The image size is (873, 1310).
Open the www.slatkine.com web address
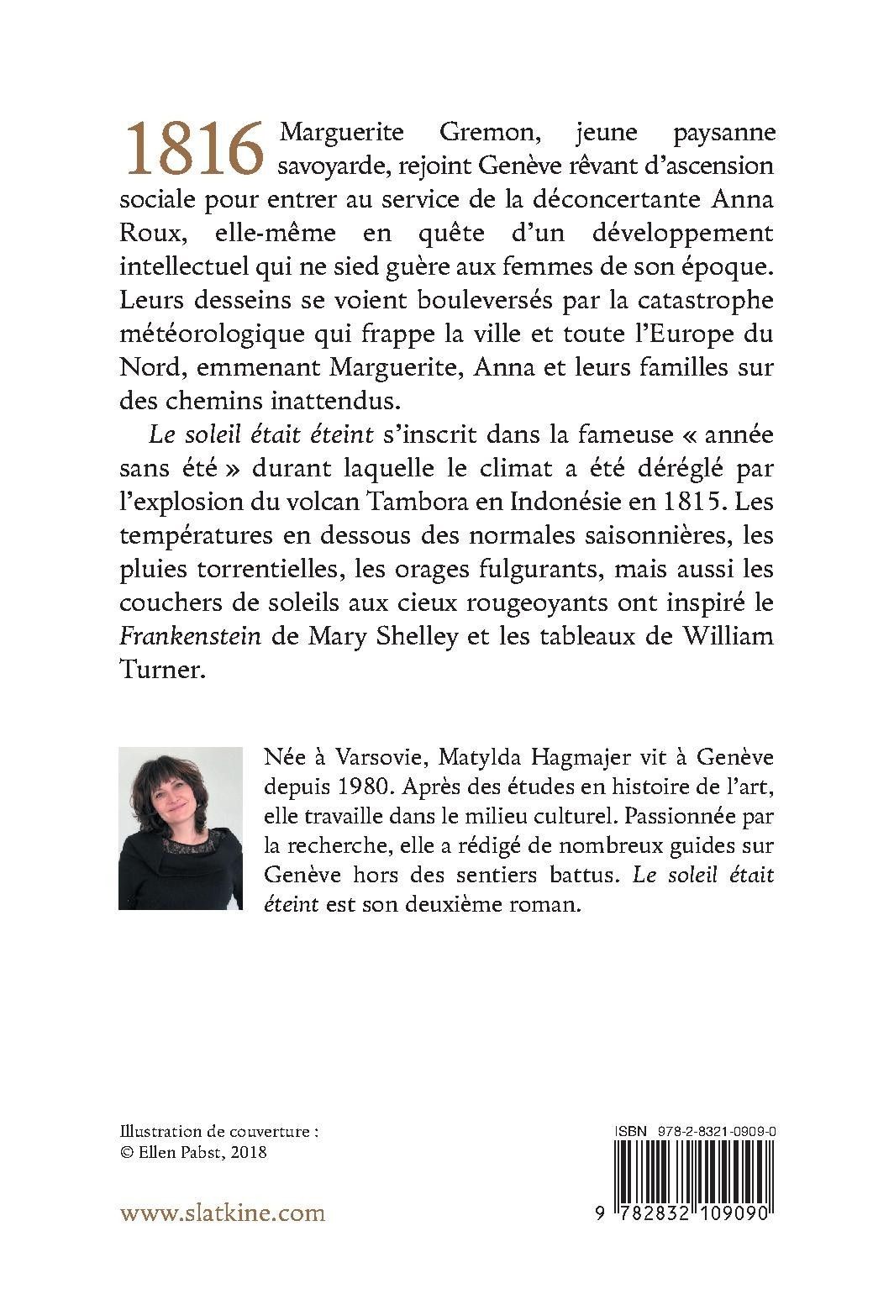click(223, 1213)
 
